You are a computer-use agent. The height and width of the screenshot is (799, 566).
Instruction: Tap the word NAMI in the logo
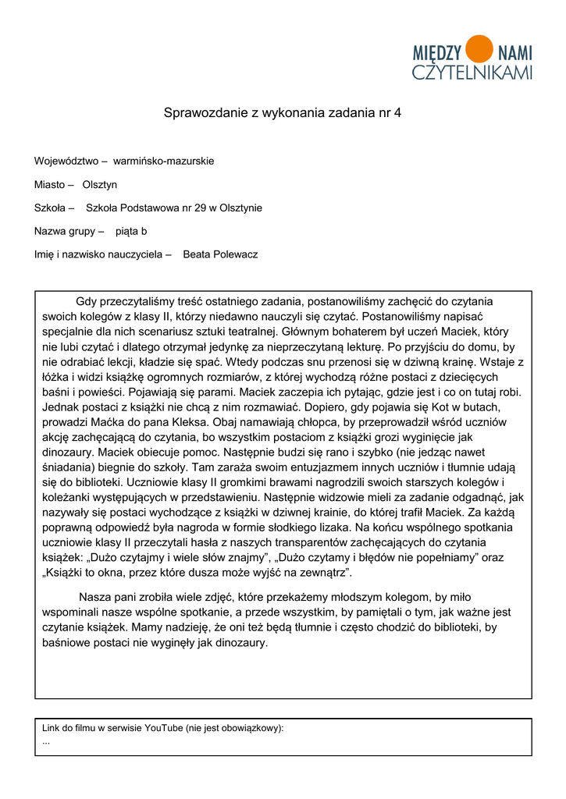pyautogui.click(x=514, y=53)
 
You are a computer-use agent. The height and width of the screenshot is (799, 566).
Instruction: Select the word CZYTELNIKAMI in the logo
pyautogui.click(x=472, y=73)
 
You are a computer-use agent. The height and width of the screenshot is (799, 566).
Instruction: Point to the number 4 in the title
pyautogui.click(x=397, y=112)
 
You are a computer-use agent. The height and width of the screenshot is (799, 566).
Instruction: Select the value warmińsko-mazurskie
pyautogui.click(x=163, y=162)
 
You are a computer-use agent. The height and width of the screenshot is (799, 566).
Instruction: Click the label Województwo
pyautogui.click(x=66, y=162)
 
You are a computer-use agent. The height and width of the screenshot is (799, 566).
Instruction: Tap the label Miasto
pyautogui.click(x=50, y=185)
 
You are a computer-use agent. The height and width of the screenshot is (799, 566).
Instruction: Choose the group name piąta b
pyautogui.click(x=131, y=232)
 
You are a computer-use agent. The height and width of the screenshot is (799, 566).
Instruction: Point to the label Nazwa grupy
pyautogui.click(x=65, y=232)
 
